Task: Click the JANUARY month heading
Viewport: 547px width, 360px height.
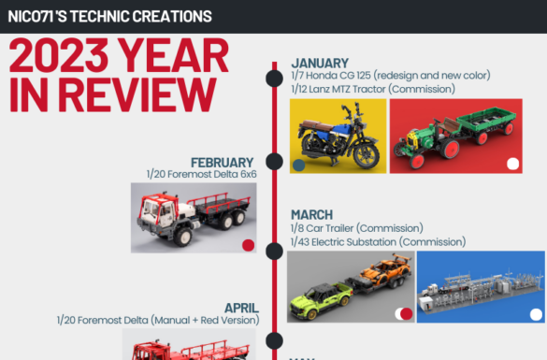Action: pos(320,64)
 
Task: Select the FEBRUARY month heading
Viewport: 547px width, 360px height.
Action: pos(222,163)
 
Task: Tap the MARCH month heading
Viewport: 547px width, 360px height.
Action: pos(312,214)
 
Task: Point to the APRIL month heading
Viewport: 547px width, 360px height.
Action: pos(241,308)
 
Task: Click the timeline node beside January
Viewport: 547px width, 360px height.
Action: pos(274,79)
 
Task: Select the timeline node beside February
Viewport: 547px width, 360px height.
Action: pos(274,162)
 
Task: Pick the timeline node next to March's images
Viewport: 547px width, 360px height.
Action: pos(274,252)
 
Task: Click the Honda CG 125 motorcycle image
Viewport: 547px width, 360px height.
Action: pos(338,136)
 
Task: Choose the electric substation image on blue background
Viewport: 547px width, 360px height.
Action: pos(481,287)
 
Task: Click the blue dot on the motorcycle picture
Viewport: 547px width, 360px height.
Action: pos(298,166)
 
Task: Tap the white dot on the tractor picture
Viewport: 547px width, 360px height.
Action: pos(512,164)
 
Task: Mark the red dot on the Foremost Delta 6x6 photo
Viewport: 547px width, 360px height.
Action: pos(248,245)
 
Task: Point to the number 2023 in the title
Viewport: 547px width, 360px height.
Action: pos(59,55)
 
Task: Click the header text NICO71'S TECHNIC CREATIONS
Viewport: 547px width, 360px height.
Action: pos(110,17)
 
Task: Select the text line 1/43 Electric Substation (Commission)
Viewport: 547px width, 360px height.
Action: pos(378,242)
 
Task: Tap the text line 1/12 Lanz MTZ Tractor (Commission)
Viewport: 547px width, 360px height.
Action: pos(373,89)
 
